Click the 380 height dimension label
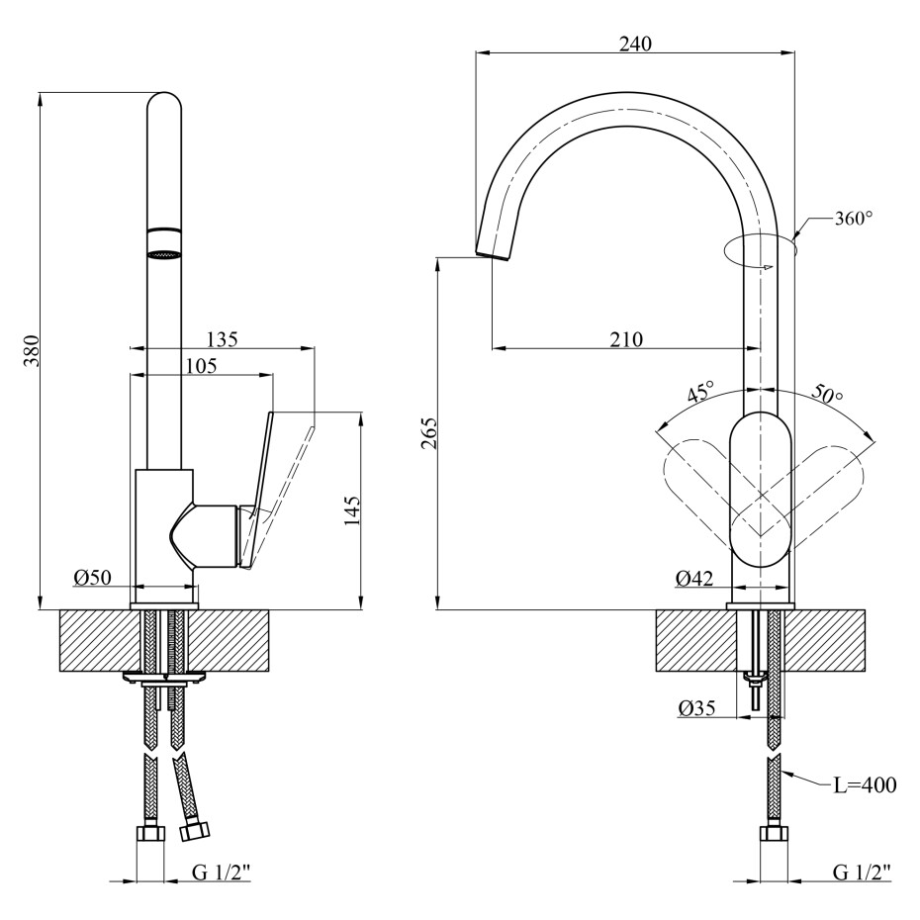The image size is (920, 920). [31, 351]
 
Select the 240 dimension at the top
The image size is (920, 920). [635, 44]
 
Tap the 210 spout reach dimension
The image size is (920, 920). [626, 339]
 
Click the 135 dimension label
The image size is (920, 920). [222, 339]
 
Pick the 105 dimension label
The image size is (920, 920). [201, 366]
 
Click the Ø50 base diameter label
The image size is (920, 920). [92, 578]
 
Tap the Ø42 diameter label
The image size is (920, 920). [694, 579]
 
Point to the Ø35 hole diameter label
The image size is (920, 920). [697, 708]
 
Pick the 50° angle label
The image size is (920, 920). [827, 394]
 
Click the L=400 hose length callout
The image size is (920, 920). [865, 785]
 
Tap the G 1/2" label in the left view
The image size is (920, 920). [222, 872]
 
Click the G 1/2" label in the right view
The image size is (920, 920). [861, 872]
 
